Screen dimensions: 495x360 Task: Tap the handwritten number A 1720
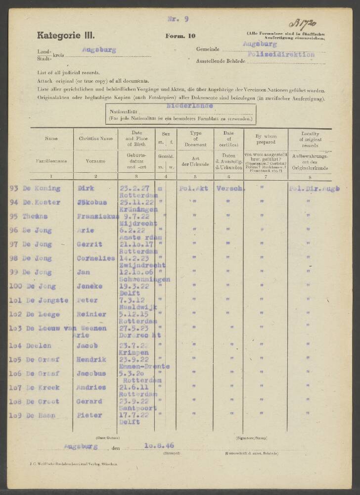click(305, 23)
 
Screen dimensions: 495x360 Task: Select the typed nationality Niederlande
click(190, 106)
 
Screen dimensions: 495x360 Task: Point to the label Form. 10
click(180, 36)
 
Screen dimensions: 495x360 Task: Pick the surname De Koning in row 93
click(42, 188)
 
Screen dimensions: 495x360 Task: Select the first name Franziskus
click(97, 216)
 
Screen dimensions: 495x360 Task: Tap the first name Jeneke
click(90, 286)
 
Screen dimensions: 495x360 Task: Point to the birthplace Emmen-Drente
click(145, 366)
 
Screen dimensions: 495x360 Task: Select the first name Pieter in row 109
click(90, 415)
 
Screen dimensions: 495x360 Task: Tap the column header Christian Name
click(95, 139)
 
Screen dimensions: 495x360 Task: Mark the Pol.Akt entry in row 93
click(193, 188)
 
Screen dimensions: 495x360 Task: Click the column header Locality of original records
click(310, 139)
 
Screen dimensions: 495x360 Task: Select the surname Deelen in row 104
click(39, 345)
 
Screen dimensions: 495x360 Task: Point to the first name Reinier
click(91, 314)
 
